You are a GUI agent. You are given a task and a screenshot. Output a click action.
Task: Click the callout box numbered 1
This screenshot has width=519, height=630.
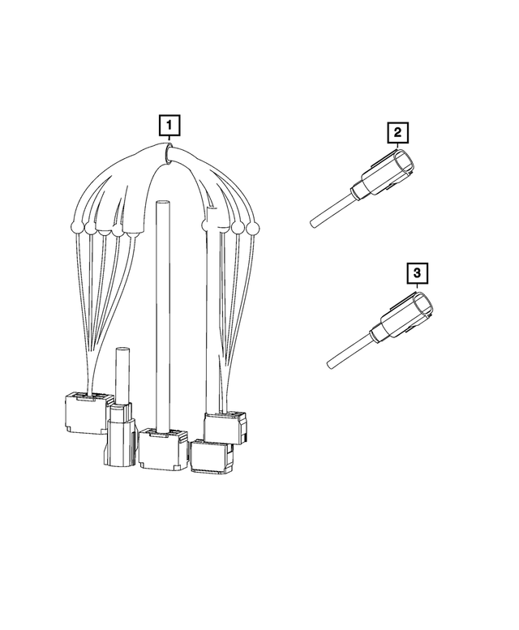pos(169,126)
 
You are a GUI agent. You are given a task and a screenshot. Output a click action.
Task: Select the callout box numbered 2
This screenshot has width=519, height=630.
pos(397,132)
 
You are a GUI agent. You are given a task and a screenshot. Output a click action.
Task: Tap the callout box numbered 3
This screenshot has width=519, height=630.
pos(418,273)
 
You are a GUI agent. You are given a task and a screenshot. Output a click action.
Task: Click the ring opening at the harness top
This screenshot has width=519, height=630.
pos(168,154)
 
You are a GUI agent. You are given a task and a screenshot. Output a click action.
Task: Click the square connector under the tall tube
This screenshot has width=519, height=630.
pos(163,449)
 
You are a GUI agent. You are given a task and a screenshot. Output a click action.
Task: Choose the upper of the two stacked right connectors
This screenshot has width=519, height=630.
pos(225,427)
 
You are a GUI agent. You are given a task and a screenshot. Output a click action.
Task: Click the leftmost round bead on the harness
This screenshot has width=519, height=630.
pos(76,227)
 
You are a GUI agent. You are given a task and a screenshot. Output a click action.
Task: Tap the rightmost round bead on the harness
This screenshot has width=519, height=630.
pos(253,229)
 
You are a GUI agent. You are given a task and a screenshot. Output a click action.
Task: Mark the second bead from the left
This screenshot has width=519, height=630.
pos(90,229)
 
